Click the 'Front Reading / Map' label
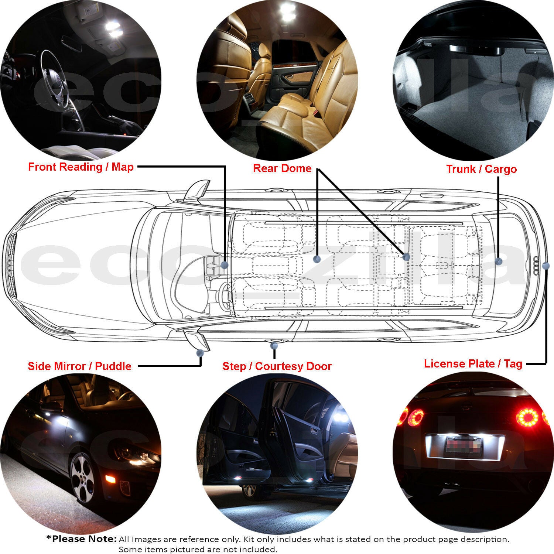pyautogui.click(x=81, y=167)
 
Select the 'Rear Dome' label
pyautogui.click(x=282, y=168)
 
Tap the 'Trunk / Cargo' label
pyautogui.click(x=481, y=169)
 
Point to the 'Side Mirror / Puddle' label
pyautogui.click(x=79, y=366)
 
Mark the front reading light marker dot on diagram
pyautogui.click(x=224, y=265)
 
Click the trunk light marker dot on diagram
pyautogui.click(x=499, y=261)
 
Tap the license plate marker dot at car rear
pyautogui.click(x=546, y=266)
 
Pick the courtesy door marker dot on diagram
pyautogui.click(x=274, y=345)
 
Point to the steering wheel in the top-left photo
pyautogui.click(x=55, y=74)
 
